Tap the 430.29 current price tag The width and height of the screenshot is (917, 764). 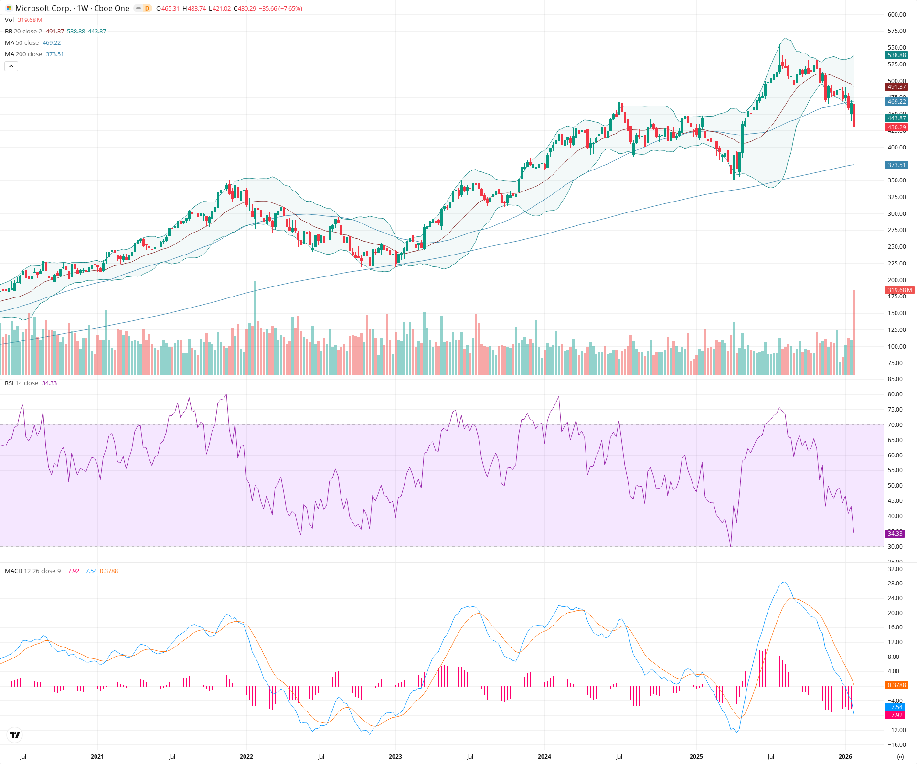pyautogui.click(x=896, y=127)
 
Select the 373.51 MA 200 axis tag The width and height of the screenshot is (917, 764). pyautogui.click(x=896, y=165)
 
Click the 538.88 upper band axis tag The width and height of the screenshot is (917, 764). pyautogui.click(x=896, y=55)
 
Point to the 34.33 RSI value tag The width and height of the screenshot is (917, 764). pyautogui.click(x=895, y=534)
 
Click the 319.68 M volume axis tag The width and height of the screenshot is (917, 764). pyautogui.click(x=899, y=290)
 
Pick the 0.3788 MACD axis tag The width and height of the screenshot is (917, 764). pyautogui.click(x=896, y=685)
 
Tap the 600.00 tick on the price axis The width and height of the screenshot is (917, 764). pyautogui.click(x=896, y=15)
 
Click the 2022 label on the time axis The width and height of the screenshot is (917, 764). pyautogui.click(x=246, y=757)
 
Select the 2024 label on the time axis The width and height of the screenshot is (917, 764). pyautogui.click(x=544, y=757)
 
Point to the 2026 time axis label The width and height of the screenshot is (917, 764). pyautogui.click(x=845, y=757)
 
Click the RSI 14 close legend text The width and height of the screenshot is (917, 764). pyautogui.click(x=21, y=383)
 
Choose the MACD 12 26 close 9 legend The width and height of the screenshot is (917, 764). pyautogui.click(x=32, y=571)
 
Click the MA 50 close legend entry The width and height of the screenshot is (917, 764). pyautogui.click(x=22, y=43)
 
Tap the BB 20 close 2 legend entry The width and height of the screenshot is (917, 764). pyautogui.click(x=23, y=32)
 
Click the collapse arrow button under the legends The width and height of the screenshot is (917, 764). pyautogui.click(x=11, y=66)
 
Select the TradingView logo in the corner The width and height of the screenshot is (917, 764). pyautogui.click(x=15, y=735)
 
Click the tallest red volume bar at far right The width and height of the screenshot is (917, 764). pyautogui.click(x=854, y=334)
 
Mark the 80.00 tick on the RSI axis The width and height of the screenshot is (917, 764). pyautogui.click(x=895, y=394)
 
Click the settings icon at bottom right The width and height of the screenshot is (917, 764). pyautogui.click(x=900, y=757)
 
